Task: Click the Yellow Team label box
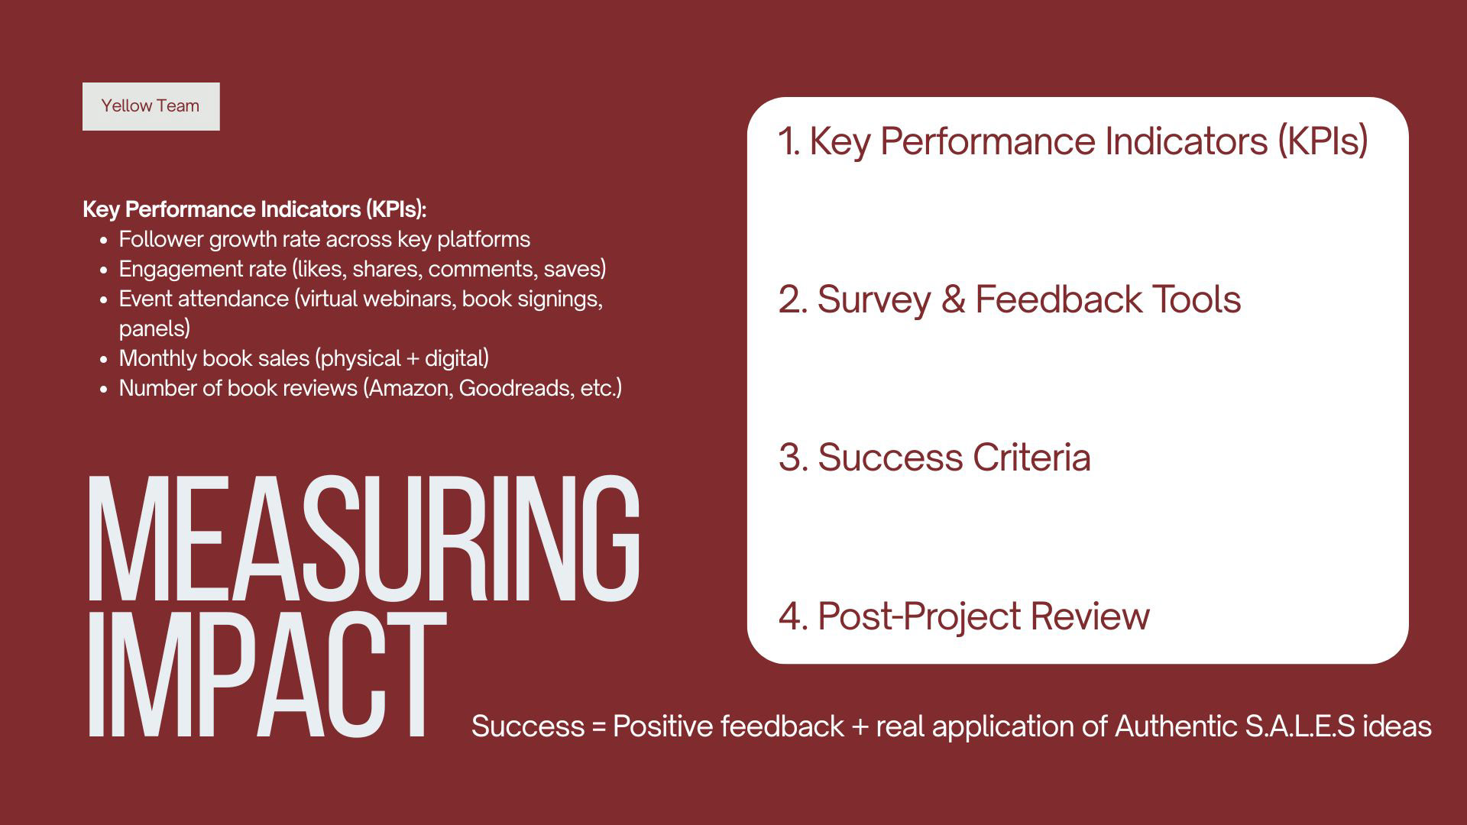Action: pyautogui.click(x=151, y=106)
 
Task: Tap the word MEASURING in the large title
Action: pyautogui.click(x=364, y=538)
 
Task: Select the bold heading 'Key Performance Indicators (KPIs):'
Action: pyautogui.click(x=254, y=209)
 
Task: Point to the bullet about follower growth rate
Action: pyautogui.click(x=324, y=239)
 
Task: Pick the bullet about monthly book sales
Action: pyautogui.click(x=303, y=358)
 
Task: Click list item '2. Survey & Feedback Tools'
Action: pyautogui.click(x=1009, y=299)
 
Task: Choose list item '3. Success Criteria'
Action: pyautogui.click(x=934, y=458)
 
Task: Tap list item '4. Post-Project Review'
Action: pyautogui.click(x=964, y=616)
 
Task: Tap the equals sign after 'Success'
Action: pyautogui.click(x=598, y=726)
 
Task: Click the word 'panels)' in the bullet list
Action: pyautogui.click(x=154, y=329)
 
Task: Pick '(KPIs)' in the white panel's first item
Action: pyautogui.click(x=1323, y=141)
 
